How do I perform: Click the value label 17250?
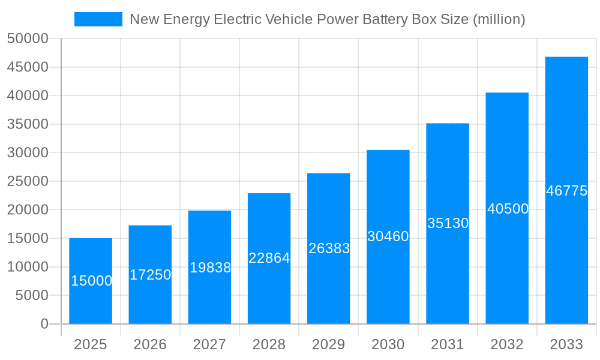tap(150, 275)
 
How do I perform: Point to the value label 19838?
tap(210, 268)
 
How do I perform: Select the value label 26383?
tap(329, 248)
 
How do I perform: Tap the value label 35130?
tap(448, 223)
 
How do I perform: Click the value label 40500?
tap(508, 209)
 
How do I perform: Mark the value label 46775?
tap(566, 191)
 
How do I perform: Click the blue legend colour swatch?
tap(98, 19)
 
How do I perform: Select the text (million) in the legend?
tap(499, 19)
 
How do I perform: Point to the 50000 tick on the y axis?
tap(28, 39)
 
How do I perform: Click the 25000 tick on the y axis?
tap(28, 181)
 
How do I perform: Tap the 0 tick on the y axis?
tap(44, 324)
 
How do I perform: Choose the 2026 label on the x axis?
tap(150, 344)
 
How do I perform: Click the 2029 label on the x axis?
tap(329, 344)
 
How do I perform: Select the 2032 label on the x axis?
tap(507, 344)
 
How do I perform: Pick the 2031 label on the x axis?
tap(448, 344)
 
